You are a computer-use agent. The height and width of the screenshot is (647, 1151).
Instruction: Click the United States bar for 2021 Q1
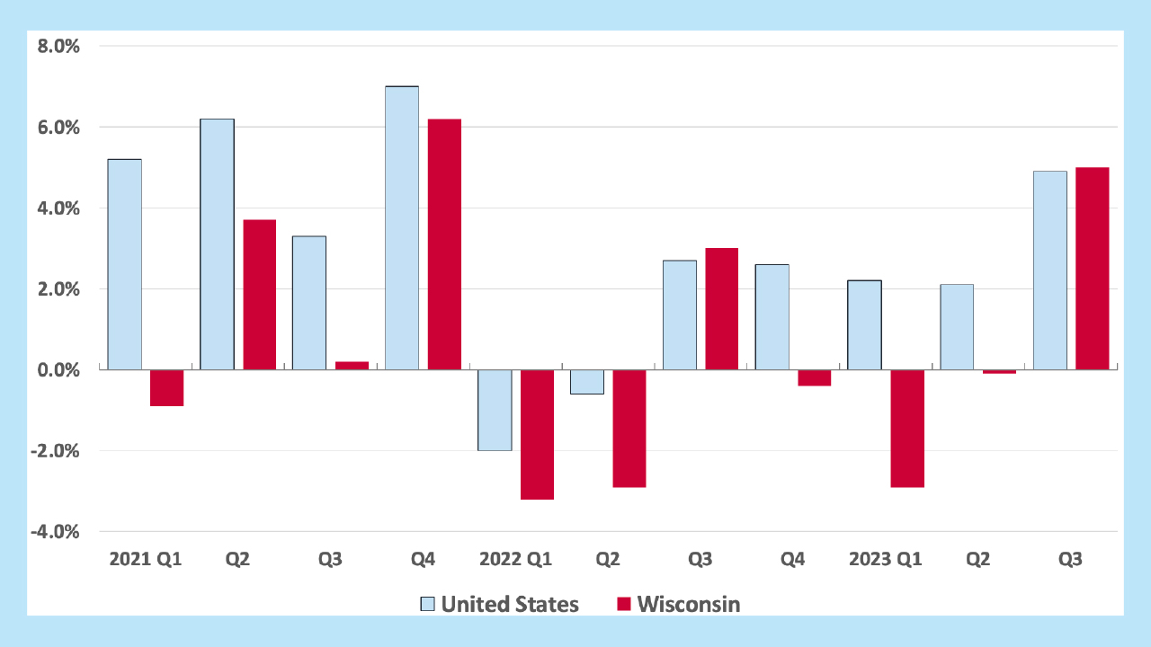[x=124, y=264]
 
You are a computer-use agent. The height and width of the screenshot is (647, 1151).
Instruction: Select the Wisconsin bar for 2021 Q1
[x=166, y=388]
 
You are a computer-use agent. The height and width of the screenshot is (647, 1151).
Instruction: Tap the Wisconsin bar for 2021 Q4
[x=444, y=244]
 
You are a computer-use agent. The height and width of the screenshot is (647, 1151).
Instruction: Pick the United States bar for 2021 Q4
[x=402, y=228]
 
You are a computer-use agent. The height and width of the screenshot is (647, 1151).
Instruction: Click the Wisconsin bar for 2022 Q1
[x=537, y=434]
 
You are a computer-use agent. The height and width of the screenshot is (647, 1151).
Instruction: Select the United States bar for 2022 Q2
[x=586, y=382]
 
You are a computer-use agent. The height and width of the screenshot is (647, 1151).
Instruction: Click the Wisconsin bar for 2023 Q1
[x=907, y=429]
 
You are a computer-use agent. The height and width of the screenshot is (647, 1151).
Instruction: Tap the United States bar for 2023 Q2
[x=957, y=327]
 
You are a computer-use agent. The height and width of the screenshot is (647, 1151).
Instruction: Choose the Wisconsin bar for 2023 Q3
[x=1093, y=269]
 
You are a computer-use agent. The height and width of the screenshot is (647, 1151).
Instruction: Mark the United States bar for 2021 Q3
[x=309, y=303]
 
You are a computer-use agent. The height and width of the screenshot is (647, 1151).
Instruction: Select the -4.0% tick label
[x=56, y=531]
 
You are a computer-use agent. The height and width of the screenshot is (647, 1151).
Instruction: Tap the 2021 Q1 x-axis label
[x=145, y=559]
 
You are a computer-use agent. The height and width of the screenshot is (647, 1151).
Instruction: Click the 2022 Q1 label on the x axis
[x=515, y=559]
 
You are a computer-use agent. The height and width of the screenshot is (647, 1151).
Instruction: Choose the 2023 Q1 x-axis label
[x=886, y=559]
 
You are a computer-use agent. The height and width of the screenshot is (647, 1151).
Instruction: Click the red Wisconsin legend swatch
[x=624, y=604]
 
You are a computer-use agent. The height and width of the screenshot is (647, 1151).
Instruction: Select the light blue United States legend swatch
[x=428, y=604]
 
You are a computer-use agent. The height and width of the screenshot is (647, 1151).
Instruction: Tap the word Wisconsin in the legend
[x=689, y=604]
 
